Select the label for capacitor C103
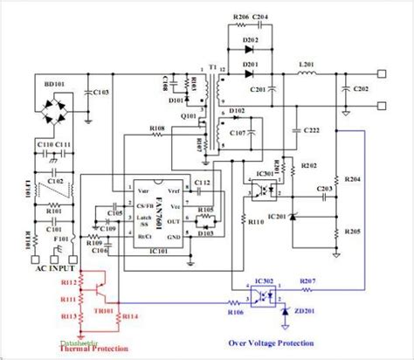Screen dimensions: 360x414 [x=101, y=92]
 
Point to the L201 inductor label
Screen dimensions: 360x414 [x=307, y=64]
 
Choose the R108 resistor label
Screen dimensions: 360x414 [x=157, y=128]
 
